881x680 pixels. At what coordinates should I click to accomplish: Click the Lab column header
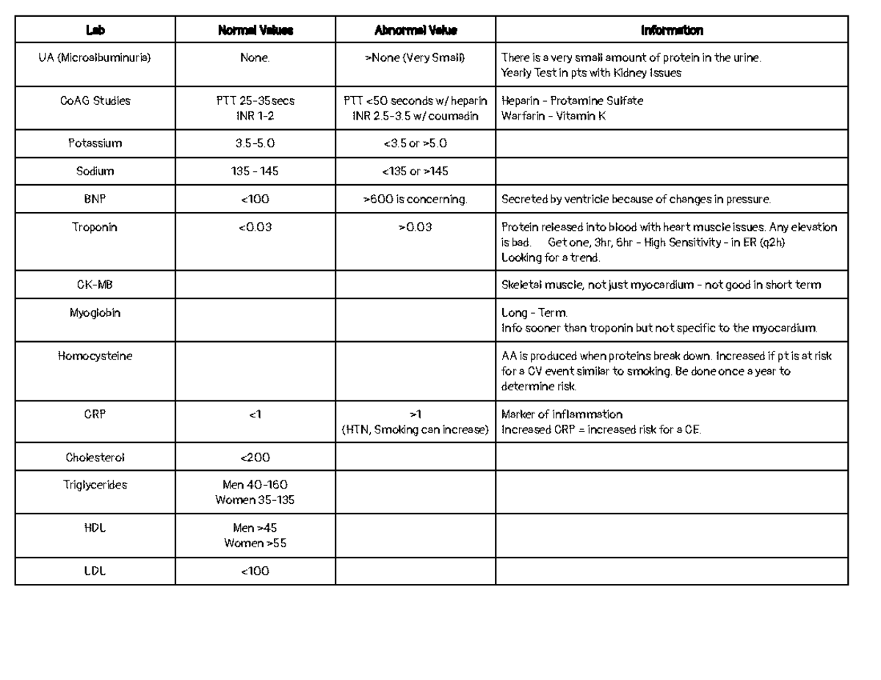pyautogui.click(x=95, y=30)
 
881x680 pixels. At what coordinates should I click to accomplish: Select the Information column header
pyautogui.click(x=671, y=30)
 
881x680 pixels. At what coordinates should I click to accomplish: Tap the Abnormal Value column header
pyautogui.click(x=416, y=30)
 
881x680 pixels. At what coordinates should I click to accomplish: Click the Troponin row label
pyautogui.click(x=95, y=227)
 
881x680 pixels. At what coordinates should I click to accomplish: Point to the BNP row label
pyautogui.click(x=95, y=199)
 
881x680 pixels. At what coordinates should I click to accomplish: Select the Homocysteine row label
pyautogui.click(x=95, y=356)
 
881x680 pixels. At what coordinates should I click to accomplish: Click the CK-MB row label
pyautogui.click(x=95, y=285)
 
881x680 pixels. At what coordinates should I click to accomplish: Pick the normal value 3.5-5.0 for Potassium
pyautogui.click(x=255, y=143)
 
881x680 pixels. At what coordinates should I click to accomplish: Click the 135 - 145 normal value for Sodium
pyautogui.click(x=255, y=171)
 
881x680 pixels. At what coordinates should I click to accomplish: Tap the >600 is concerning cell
pyautogui.click(x=416, y=199)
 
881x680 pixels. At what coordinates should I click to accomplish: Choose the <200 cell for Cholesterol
pyautogui.click(x=255, y=457)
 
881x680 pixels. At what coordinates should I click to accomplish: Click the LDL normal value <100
pyautogui.click(x=255, y=571)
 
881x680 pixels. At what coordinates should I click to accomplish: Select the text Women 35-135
pyautogui.click(x=255, y=500)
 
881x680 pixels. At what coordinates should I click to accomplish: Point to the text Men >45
pyautogui.click(x=255, y=527)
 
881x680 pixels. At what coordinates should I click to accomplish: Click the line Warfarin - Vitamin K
pyautogui.click(x=553, y=115)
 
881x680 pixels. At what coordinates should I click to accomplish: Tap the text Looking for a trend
pyautogui.click(x=550, y=257)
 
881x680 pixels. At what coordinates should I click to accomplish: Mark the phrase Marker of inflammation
pyautogui.click(x=561, y=414)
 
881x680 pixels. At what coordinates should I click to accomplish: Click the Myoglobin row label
pyautogui.click(x=95, y=312)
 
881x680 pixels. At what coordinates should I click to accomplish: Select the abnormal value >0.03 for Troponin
pyautogui.click(x=416, y=227)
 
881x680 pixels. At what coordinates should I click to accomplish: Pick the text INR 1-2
pyautogui.click(x=255, y=115)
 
